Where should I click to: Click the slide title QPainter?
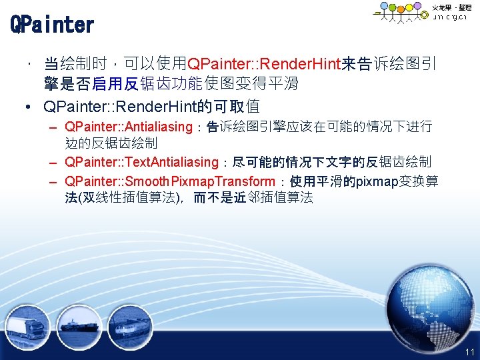tap(52, 25)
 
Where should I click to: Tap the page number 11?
tap(470, 351)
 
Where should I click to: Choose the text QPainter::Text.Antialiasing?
tap(142, 162)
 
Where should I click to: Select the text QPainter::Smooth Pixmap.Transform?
tap(170, 181)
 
